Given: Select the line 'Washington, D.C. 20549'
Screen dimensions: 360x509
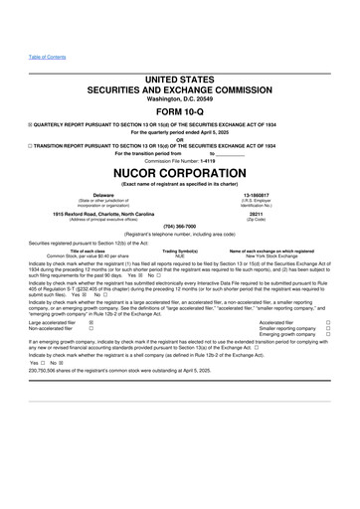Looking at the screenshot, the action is [x=180, y=99].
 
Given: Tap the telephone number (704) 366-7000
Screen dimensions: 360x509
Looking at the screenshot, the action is [x=180, y=224].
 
